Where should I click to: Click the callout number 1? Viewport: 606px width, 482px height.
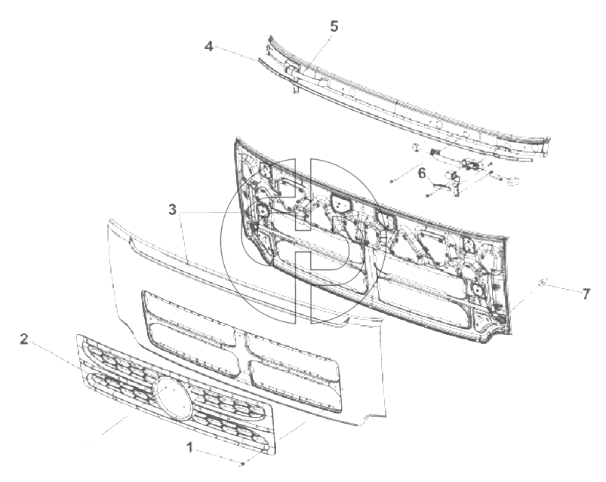(189, 448)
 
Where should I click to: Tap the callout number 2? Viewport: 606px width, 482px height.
(24, 339)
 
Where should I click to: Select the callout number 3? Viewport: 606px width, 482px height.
(172, 210)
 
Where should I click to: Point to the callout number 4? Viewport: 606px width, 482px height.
(209, 47)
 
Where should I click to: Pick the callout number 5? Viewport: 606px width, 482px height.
(334, 26)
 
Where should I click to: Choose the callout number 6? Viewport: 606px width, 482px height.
(422, 173)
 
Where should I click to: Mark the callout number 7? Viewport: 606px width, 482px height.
(586, 294)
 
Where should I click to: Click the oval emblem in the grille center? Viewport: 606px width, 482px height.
(172, 398)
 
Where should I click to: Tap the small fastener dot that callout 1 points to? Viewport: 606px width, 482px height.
(243, 463)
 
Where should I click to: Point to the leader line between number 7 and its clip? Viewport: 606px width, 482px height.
(563, 288)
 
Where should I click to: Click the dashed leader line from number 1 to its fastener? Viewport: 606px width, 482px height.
(217, 456)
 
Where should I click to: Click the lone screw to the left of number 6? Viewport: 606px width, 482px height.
(392, 181)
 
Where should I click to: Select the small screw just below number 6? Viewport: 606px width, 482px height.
(427, 196)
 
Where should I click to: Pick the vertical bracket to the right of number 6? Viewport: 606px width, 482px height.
(456, 184)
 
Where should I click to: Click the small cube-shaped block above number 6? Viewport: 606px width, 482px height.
(416, 147)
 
